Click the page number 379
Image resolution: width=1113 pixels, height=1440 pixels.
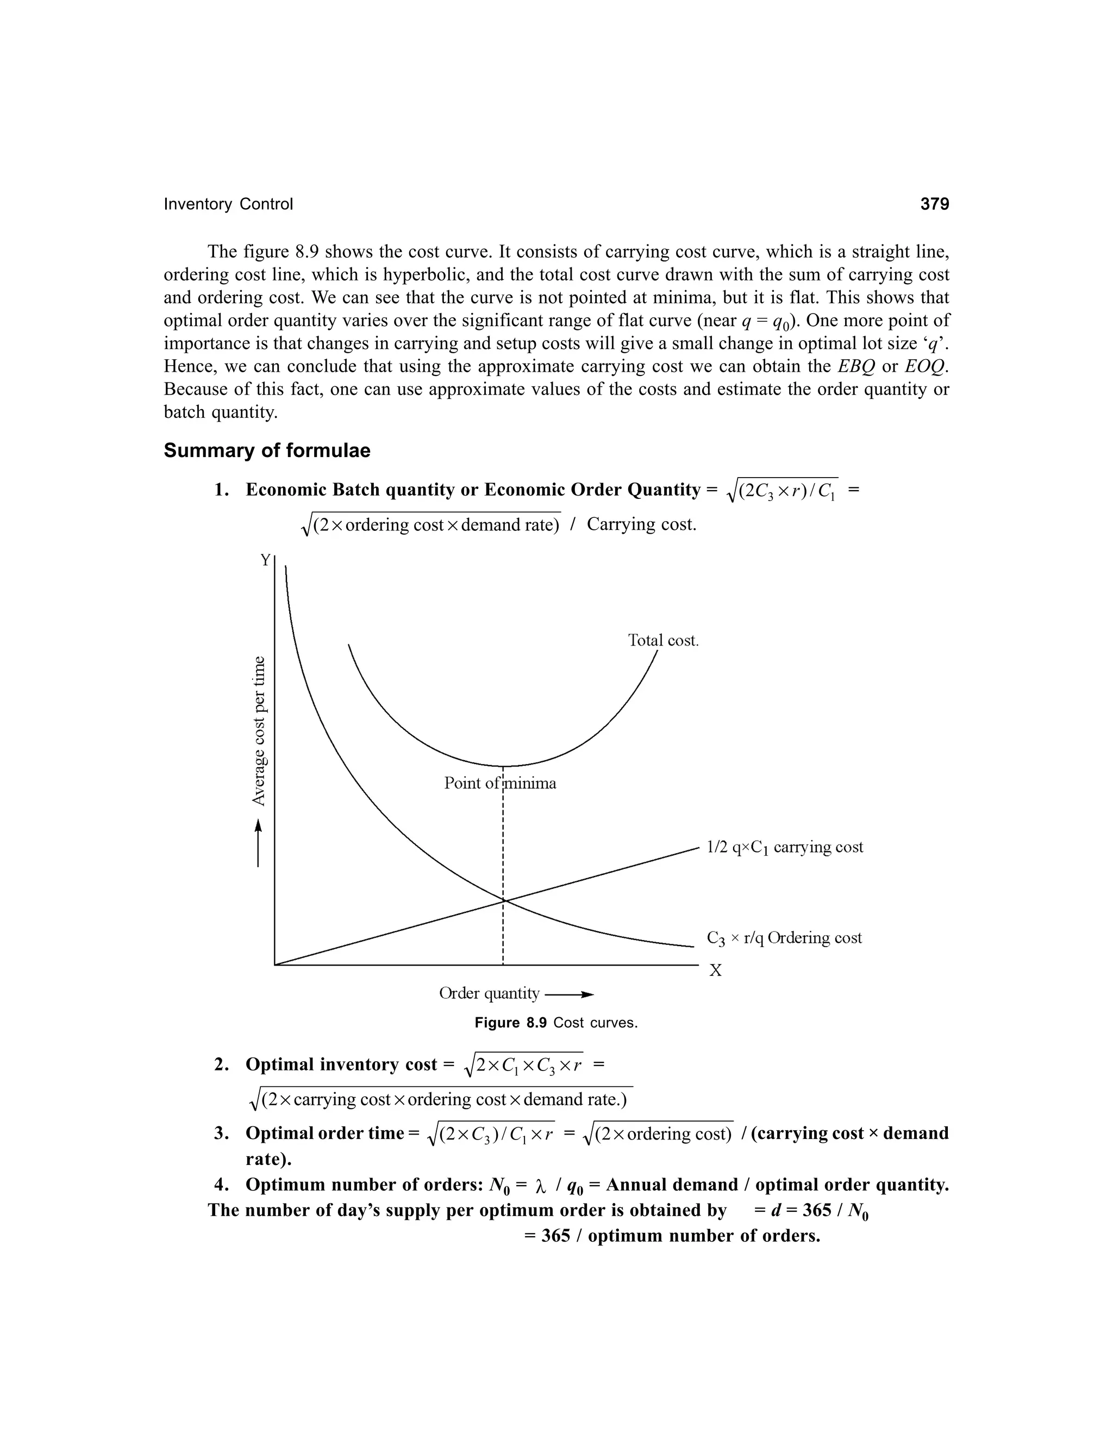pos(934,204)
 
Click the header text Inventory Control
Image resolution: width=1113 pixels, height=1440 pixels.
pos(228,204)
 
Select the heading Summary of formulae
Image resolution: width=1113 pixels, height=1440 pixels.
pos(267,451)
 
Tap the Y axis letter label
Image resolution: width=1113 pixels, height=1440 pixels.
pos(265,560)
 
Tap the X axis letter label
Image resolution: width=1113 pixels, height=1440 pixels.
pos(715,971)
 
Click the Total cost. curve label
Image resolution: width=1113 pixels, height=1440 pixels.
pos(662,640)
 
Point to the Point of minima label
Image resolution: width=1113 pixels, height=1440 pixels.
pos(500,783)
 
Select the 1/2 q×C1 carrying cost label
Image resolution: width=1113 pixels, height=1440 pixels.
pos(785,847)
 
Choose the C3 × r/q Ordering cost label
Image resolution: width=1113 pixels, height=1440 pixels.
pos(784,937)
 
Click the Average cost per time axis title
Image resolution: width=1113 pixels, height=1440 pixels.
pos(260,730)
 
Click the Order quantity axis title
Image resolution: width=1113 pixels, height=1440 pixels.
pos(489,993)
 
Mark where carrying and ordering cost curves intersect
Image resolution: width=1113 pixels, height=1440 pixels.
pos(503,900)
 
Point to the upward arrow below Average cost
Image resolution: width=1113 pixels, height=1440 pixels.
pos(259,843)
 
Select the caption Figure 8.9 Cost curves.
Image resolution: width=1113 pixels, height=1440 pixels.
pos(556,1023)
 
